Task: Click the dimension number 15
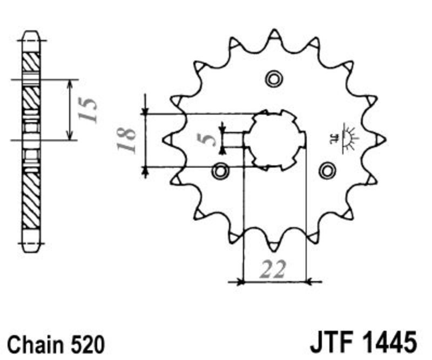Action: tap(88, 110)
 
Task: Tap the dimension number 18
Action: tap(126, 140)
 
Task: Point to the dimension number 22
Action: tap(273, 269)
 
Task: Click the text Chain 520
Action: tap(56, 344)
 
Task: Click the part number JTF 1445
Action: tap(363, 343)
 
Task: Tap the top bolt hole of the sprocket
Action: tap(274, 79)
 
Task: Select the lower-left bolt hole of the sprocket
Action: tap(220, 171)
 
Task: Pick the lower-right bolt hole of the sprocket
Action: tap(327, 171)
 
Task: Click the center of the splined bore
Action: tap(275, 140)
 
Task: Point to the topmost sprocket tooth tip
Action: tap(274, 30)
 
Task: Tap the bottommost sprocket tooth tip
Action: tap(274, 250)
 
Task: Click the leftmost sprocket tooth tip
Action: tap(164, 140)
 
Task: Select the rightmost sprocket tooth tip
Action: tap(384, 140)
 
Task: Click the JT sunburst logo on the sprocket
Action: tap(345, 138)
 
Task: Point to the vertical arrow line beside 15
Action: tap(70, 110)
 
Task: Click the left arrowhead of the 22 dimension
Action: tap(241, 282)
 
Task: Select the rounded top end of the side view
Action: tap(31, 36)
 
